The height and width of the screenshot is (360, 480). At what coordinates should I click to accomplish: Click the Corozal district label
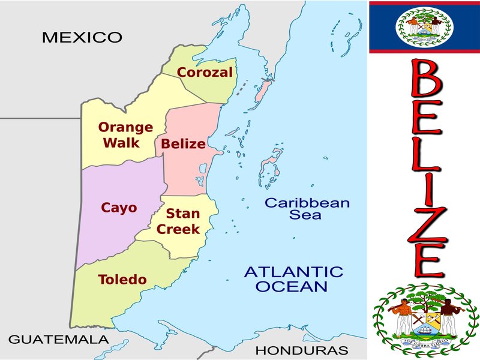(205, 73)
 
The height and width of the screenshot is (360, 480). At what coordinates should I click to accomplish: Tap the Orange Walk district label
(125, 135)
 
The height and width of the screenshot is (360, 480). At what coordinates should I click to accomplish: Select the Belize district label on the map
(184, 144)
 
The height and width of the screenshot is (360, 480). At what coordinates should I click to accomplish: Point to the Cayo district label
(119, 208)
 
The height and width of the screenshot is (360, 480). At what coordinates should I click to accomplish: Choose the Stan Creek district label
(178, 221)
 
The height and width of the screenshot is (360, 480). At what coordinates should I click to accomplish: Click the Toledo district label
(122, 280)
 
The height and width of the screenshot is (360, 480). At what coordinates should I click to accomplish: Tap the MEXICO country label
(82, 37)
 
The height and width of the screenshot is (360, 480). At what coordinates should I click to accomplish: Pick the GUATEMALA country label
(59, 339)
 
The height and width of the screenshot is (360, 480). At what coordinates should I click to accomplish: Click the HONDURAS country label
(302, 350)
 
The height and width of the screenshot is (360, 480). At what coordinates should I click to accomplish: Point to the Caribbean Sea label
(307, 208)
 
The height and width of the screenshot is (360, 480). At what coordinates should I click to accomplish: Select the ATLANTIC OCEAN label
(293, 279)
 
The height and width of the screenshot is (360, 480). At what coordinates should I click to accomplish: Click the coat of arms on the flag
(424, 27)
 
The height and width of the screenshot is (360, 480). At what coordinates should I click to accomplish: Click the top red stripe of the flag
(424, 3)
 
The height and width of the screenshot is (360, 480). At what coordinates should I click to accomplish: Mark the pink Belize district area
(192, 174)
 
